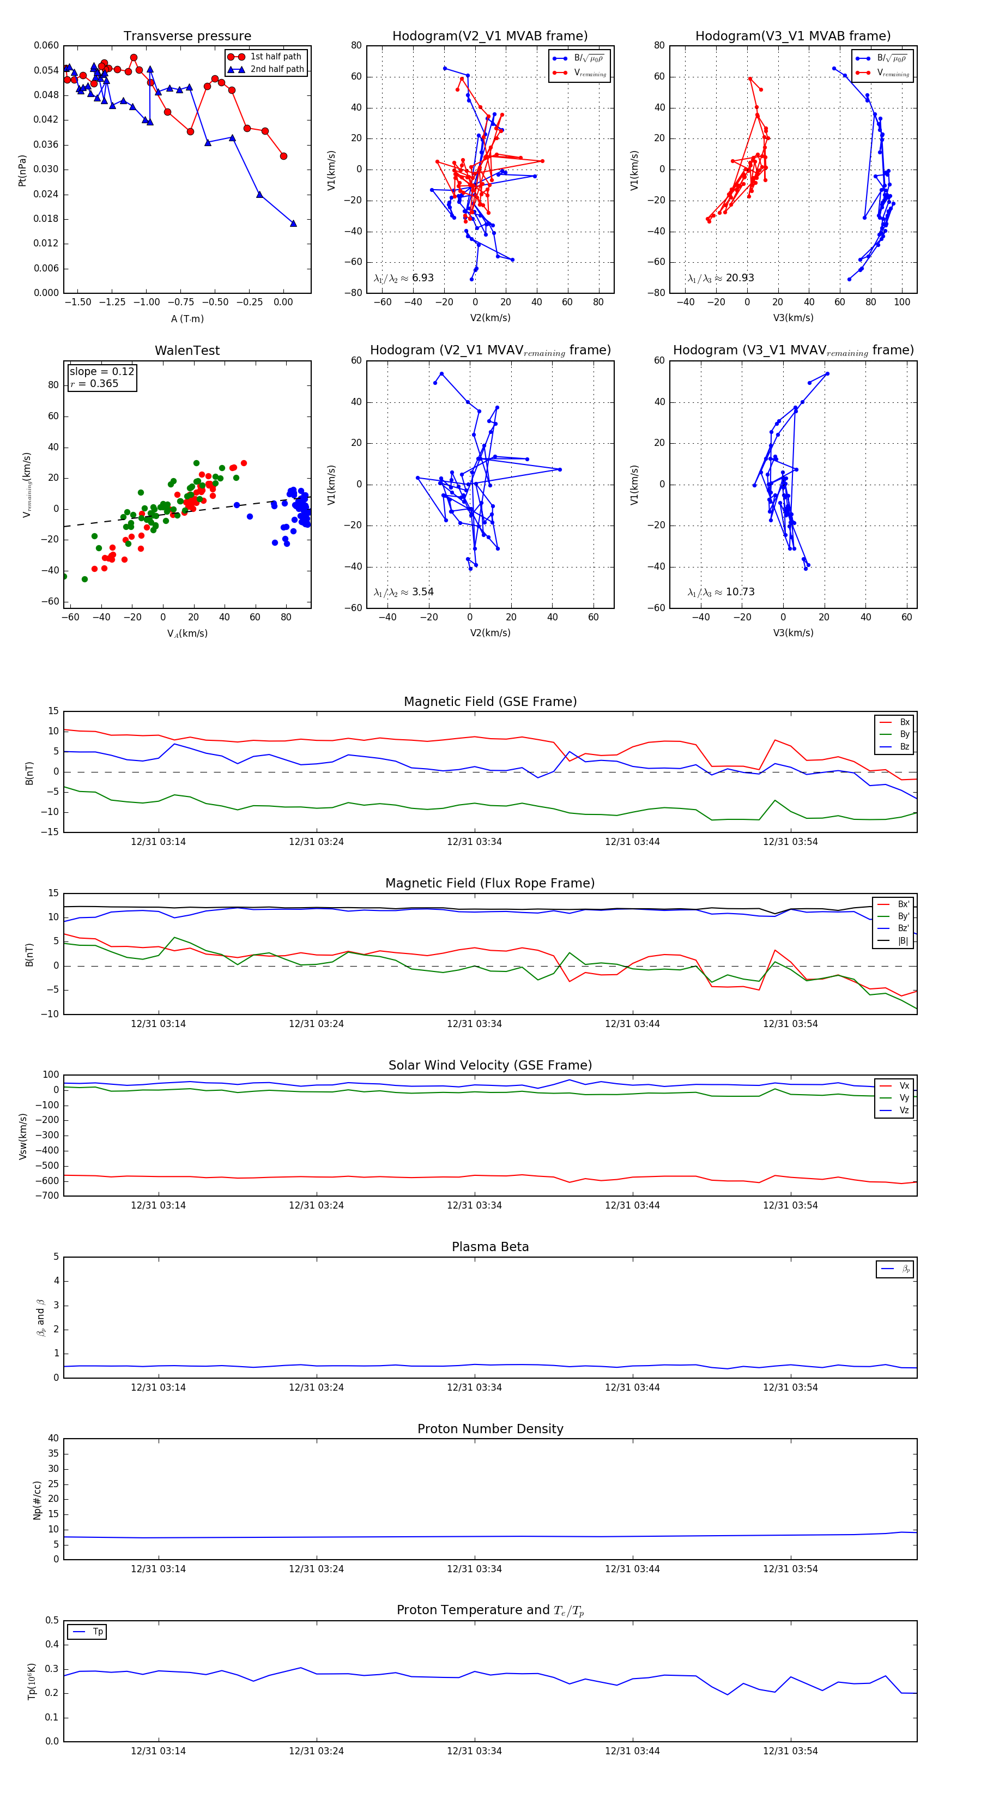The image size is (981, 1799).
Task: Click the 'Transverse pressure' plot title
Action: [x=187, y=37]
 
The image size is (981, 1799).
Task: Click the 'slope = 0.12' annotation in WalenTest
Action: [x=101, y=372]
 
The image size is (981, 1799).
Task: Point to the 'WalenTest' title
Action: [x=187, y=351]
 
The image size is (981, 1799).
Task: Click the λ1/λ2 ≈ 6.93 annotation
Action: [x=403, y=278]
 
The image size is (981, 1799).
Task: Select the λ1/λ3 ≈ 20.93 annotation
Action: [x=720, y=278]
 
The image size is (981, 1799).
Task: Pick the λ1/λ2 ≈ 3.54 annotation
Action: [x=403, y=592]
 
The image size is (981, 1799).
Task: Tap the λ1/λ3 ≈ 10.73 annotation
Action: [x=720, y=592]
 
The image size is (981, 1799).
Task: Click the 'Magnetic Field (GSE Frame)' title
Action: [x=490, y=702]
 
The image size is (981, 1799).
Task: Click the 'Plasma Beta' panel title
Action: [x=490, y=1247]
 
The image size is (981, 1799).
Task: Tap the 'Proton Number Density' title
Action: [x=490, y=1429]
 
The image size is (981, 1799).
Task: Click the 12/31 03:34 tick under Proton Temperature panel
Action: [x=474, y=1751]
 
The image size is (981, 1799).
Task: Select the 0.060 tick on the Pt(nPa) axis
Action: [x=46, y=45]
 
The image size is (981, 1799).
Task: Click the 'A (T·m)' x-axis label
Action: [x=187, y=319]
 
